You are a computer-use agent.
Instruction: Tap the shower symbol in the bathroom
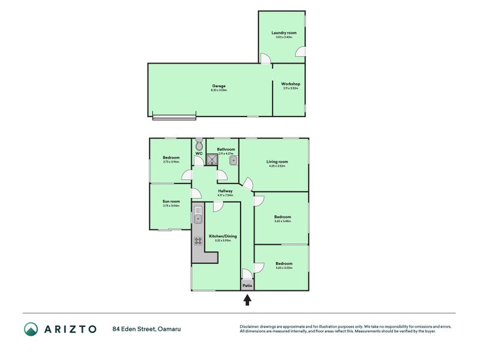point(212,160)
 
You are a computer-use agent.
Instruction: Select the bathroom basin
point(233,161)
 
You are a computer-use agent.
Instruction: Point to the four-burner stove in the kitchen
point(198,242)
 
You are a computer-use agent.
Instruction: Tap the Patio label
point(247,286)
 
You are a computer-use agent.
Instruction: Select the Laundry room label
point(281,32)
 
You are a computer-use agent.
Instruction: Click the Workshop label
point(290,84)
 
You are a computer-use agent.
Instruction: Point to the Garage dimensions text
point(218,90)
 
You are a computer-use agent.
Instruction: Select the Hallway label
point(225,191)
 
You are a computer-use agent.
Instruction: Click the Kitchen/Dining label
point(223,236)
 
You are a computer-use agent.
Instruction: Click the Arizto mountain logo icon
point(31,328)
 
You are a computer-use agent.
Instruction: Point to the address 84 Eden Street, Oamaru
point(146,329)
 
